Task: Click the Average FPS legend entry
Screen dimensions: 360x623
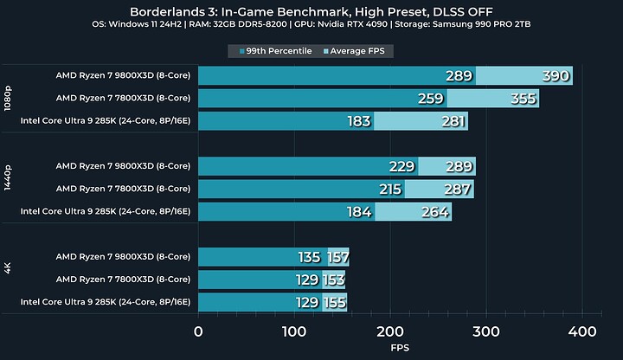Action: pyautogui.click(x=357, y=51)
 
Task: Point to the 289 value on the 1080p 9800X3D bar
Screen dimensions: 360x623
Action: pyautogui.click(x=458, y=76)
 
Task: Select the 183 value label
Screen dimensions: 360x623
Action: pyautogui.click(x=359, y=121)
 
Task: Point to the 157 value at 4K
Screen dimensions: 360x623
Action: pyautogui.click(x=337, y=257)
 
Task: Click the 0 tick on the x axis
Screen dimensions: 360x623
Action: pyautogui.click(x=199, y=331)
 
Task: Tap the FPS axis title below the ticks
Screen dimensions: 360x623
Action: pyautogui.click(x=390, y=349)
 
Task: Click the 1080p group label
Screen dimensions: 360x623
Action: pyautogui.click(x=9, y=98)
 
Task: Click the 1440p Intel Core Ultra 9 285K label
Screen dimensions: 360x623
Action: pyautogui.click(x=105, y=211)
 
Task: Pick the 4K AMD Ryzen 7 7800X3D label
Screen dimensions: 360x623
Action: pyautogui.click(x=123, y=279)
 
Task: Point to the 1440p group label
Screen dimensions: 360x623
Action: pyautogui.click(x=9, y=189)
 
